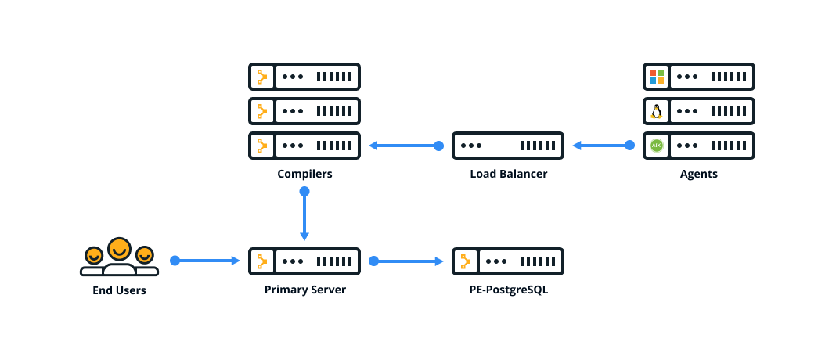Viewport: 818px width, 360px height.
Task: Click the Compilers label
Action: click(x=304, y=174)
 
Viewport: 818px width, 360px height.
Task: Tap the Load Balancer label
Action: click(x=508, y=174)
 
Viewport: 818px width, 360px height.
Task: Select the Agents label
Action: click(x=698, y=174)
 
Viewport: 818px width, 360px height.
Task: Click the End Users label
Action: click(x=119, y=290)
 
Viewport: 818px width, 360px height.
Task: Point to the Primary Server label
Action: click(x=304, y=290)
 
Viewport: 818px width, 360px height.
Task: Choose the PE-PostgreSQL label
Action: click(x=508, y=290)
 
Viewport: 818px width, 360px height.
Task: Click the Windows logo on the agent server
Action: click(x=656, y=77)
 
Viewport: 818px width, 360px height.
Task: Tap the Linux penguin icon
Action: click(x=656, y=111)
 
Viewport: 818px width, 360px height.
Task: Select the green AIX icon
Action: click(x=656, y=146)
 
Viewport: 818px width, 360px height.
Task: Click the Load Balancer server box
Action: click(x=508, y=146)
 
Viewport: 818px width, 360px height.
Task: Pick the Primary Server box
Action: click(x=304, y=261)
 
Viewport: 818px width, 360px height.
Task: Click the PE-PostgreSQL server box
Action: click(x=508, y=261)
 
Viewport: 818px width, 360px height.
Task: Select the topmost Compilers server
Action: click(x=304, y=77)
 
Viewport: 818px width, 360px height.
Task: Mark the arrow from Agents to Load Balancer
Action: click(x=601, y=146)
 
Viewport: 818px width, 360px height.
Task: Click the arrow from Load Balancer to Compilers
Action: click(x=404, y=146)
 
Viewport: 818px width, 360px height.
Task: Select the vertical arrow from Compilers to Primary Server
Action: click(x=304, y=216)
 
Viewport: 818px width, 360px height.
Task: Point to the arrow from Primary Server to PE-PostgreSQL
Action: click(x=407, y=261)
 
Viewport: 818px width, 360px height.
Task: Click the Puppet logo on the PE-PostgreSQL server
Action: click(x=466, y=261)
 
